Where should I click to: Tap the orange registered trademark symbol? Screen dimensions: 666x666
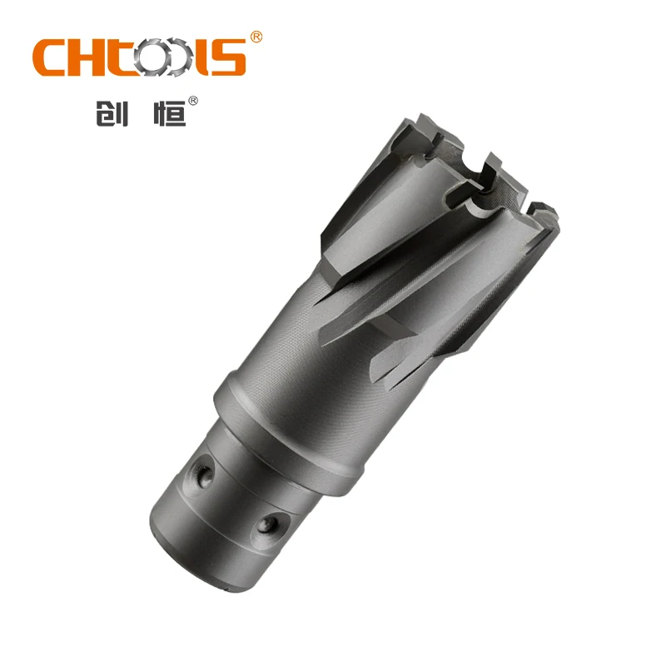256,37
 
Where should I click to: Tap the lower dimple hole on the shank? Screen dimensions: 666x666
268,524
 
